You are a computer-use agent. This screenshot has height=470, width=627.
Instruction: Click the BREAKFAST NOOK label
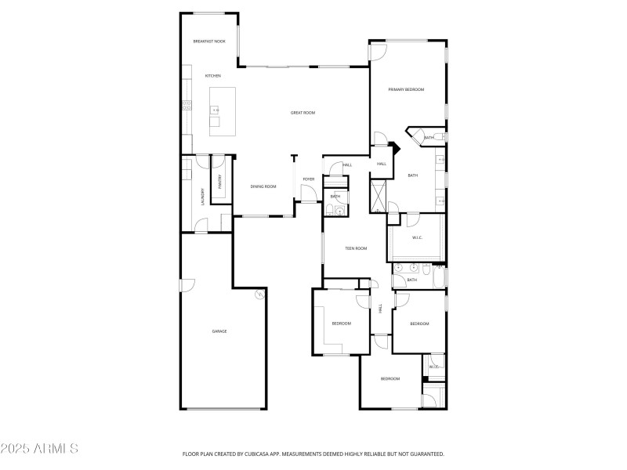(x=209, y=41)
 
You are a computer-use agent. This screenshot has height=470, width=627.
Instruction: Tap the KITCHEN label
(x=213, y=76)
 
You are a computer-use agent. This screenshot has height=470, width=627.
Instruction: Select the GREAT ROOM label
(x=303, y=113)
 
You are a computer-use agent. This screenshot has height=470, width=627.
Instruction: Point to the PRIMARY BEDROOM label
(x=406, y=90)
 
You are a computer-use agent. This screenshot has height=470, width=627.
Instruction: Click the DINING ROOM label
(x=263, y=186)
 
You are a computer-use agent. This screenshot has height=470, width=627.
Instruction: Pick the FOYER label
(x=309, y=179)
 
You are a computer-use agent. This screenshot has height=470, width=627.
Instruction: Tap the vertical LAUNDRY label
(x=203, y=195)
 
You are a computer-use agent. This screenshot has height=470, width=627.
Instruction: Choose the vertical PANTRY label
(x=221, y=182)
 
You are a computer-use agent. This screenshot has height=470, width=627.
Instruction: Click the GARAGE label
(x=219, y=331)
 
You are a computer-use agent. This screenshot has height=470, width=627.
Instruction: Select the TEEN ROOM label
(x=356, y=248)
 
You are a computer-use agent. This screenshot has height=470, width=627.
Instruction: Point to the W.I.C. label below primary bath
(x=418, y=237)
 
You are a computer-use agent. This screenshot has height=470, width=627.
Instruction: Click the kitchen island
(x=223, y=111)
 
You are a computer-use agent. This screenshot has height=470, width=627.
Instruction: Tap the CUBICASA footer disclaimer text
(x=313, y=454)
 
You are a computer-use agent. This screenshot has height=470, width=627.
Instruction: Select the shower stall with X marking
(x=379, y=197)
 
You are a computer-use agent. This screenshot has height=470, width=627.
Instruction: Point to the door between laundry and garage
(x=201, y=227)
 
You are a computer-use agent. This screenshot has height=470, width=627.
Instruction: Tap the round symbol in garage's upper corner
(x=259, y=295)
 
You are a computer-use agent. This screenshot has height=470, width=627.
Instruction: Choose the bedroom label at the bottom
(x=390, y=378)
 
